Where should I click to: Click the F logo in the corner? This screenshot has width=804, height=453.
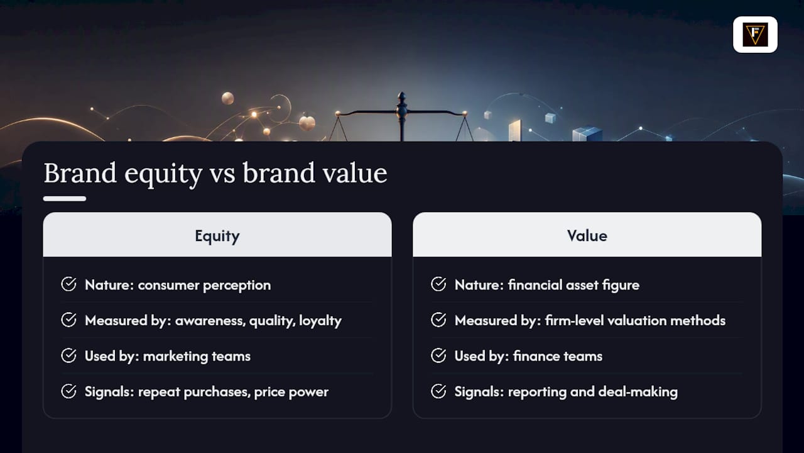pyautogui.click(x=755, y=35)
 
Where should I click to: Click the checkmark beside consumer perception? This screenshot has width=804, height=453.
pyautogui.click(x=68, y=284)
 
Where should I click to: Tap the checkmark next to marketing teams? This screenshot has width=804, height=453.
pyautogui.click(x=68, y=355)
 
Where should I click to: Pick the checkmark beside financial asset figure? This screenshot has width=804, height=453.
pyautogui.click(x=438, y=284)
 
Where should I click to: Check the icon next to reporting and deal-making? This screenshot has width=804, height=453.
pyautogui.click(x=438, y=391)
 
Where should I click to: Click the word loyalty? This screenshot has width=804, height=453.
pyautogui.click(x=320, y=321)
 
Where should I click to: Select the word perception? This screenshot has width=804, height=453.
pyautogui.click(x=237, y=286)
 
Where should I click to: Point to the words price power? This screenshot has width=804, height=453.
pyautogui.click(x=291, y=392)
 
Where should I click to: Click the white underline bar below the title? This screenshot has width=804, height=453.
pyautogui.click(x=65, y=199)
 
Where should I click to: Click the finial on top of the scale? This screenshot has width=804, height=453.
pyautogui.click(x=402, y=98)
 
